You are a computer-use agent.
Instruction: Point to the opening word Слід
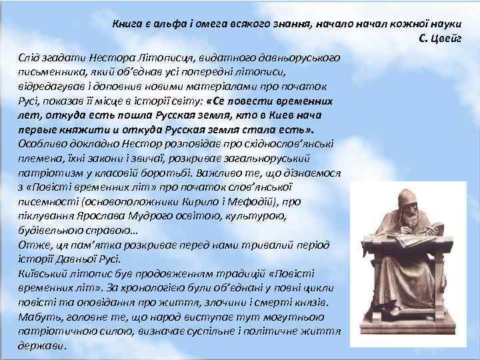coord(30,60)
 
